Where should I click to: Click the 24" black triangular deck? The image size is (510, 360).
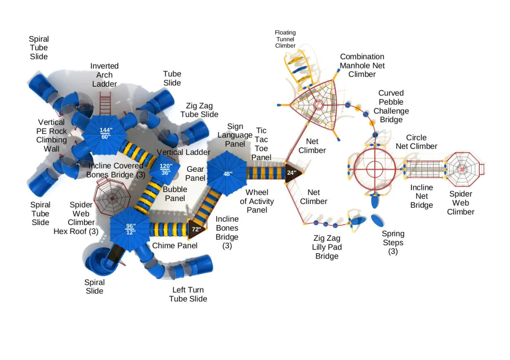click(292, 173)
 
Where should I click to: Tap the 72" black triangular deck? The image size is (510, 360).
click(196, 229)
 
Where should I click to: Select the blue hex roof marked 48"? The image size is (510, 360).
click(227, 173)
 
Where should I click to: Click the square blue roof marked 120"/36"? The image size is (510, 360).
click(166, 169)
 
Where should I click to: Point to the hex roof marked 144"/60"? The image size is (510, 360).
click(106, 133)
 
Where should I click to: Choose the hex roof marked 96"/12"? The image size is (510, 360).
click(130, 228)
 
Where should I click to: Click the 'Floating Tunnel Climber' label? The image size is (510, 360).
click(285, 39)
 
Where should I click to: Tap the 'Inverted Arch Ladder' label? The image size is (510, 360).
click(104, 75)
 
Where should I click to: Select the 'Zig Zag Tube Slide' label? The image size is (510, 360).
click(199, 110)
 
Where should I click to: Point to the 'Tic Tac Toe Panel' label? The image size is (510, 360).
click(261, 144)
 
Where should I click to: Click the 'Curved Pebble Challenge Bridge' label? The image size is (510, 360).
click(391, 106)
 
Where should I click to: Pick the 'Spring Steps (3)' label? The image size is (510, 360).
click(393, 242)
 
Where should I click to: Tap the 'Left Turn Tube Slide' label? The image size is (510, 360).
click(188, 294)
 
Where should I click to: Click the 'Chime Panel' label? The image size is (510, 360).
click(175, 246)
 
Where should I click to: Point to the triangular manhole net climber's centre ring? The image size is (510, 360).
click(318, 104)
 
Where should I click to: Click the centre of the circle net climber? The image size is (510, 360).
click(375, 169)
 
